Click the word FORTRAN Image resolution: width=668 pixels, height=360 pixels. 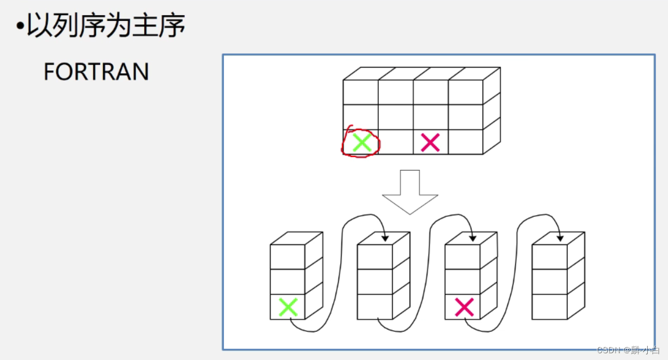point(96,72)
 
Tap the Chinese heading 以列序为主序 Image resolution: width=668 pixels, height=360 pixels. point(106,26)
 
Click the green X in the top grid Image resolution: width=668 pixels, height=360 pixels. point(361,143)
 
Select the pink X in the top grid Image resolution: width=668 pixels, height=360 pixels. point(430,143)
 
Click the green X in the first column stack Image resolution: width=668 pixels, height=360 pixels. point(288,307)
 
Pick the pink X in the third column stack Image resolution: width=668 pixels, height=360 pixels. point(464,307)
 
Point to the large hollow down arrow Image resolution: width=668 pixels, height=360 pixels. point(410,192)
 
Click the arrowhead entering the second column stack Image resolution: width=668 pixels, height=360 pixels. point(385,239)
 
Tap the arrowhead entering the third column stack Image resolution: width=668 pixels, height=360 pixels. point(472,239)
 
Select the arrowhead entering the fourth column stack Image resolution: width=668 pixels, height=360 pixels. point(559,239)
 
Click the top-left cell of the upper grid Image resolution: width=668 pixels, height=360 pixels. point(361,92)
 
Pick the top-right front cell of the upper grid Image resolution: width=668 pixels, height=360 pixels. point(466,92)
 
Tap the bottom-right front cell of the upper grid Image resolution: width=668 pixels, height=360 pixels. point(466,142)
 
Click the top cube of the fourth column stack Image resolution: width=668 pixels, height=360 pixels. point(550,257)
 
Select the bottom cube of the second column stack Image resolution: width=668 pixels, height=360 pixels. point(375,306)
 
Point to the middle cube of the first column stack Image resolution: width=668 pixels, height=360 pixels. point(287,282)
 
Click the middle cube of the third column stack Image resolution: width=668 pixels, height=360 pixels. point(462,282)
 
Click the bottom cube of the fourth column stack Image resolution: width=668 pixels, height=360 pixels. point(550,306)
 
